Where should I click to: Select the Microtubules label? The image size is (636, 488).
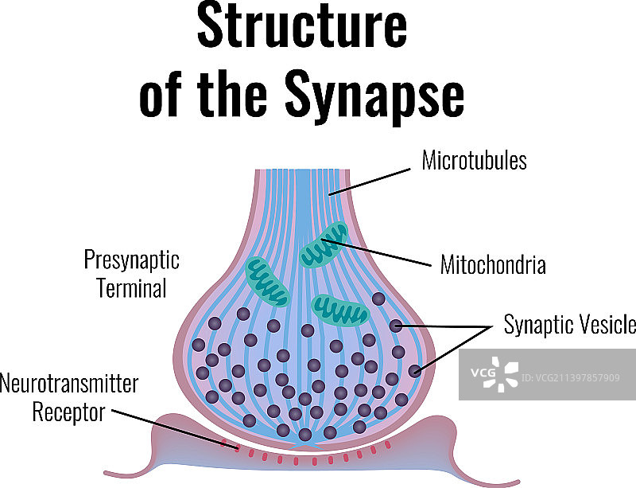tap(474, 161)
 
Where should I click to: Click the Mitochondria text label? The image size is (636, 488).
tap(493, 265)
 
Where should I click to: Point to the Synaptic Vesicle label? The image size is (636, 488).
tap(569, 325)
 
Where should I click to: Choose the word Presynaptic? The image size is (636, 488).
tap(132, 261)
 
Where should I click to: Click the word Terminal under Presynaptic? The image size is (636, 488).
tap(132, 287)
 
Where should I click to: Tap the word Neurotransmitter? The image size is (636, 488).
tap(69, 385)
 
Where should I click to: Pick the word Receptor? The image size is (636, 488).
tap(68, 412)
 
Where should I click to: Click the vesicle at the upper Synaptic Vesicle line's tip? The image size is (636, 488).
tap(396, 325)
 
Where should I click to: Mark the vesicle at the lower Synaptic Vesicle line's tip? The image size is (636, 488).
tap(414, 370)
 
